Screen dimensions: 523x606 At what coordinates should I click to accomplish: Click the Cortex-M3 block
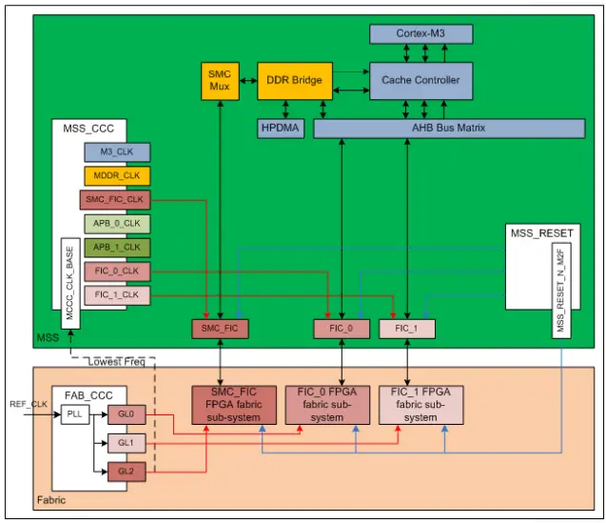(x=420, y=33)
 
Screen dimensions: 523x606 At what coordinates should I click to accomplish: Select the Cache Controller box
(x=420, y=80)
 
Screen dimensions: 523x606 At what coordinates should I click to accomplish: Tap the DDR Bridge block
(x=294, y=80)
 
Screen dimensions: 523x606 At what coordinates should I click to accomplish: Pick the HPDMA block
(x=281, y=128)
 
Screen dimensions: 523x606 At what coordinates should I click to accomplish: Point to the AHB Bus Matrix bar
(x=448, y=128)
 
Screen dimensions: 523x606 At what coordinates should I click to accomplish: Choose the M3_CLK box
(x=116, y=151)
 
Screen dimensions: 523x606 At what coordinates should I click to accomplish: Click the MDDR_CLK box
(x=116, y=175)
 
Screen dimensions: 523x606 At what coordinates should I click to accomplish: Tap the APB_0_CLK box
(x=116, y=224)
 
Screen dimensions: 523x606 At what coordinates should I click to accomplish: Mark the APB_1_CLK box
(x=116, y=248)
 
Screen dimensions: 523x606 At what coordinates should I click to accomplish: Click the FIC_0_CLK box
(x=116, y=272)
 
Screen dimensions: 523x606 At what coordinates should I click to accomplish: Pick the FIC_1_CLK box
(x=116, y=295)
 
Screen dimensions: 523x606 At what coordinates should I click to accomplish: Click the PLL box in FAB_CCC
(x=74, y=414)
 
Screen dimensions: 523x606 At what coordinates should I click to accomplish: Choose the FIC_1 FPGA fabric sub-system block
(x=420, y=405)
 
